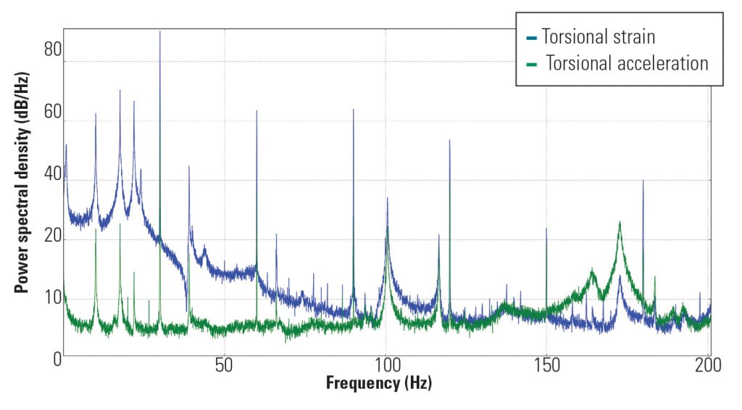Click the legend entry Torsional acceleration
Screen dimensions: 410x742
627,64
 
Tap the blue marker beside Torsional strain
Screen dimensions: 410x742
532,37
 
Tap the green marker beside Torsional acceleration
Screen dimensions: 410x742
532,65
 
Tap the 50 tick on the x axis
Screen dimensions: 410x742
225,364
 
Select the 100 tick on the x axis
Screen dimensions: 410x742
386,364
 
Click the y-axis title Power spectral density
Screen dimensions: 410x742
22,197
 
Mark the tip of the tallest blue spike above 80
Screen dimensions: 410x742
160,31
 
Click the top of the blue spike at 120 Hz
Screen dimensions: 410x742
450,140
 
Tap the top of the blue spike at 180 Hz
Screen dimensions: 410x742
643,180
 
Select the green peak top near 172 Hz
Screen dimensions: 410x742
620,222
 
